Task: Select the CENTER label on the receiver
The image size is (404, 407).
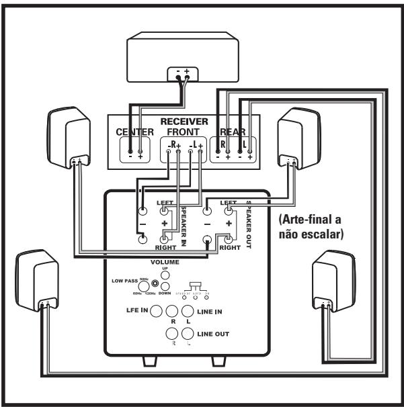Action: pyautogui.click(x=135, y=132)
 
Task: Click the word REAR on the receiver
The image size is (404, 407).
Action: pyautogui.click(x=233, y=132)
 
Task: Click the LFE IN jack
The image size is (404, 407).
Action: pyautogui.click(x=157, y=311)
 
